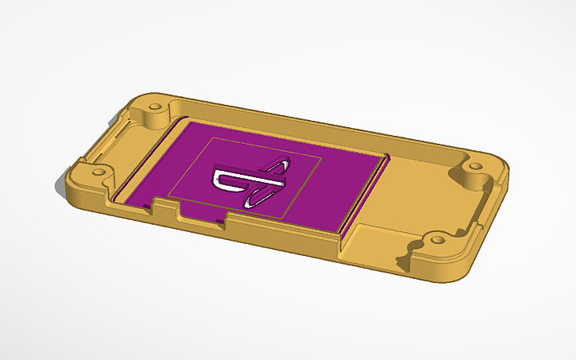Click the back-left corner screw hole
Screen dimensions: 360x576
point(154,106)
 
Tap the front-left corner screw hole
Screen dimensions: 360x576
point(100,170)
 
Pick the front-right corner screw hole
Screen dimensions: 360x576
point(435,238)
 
